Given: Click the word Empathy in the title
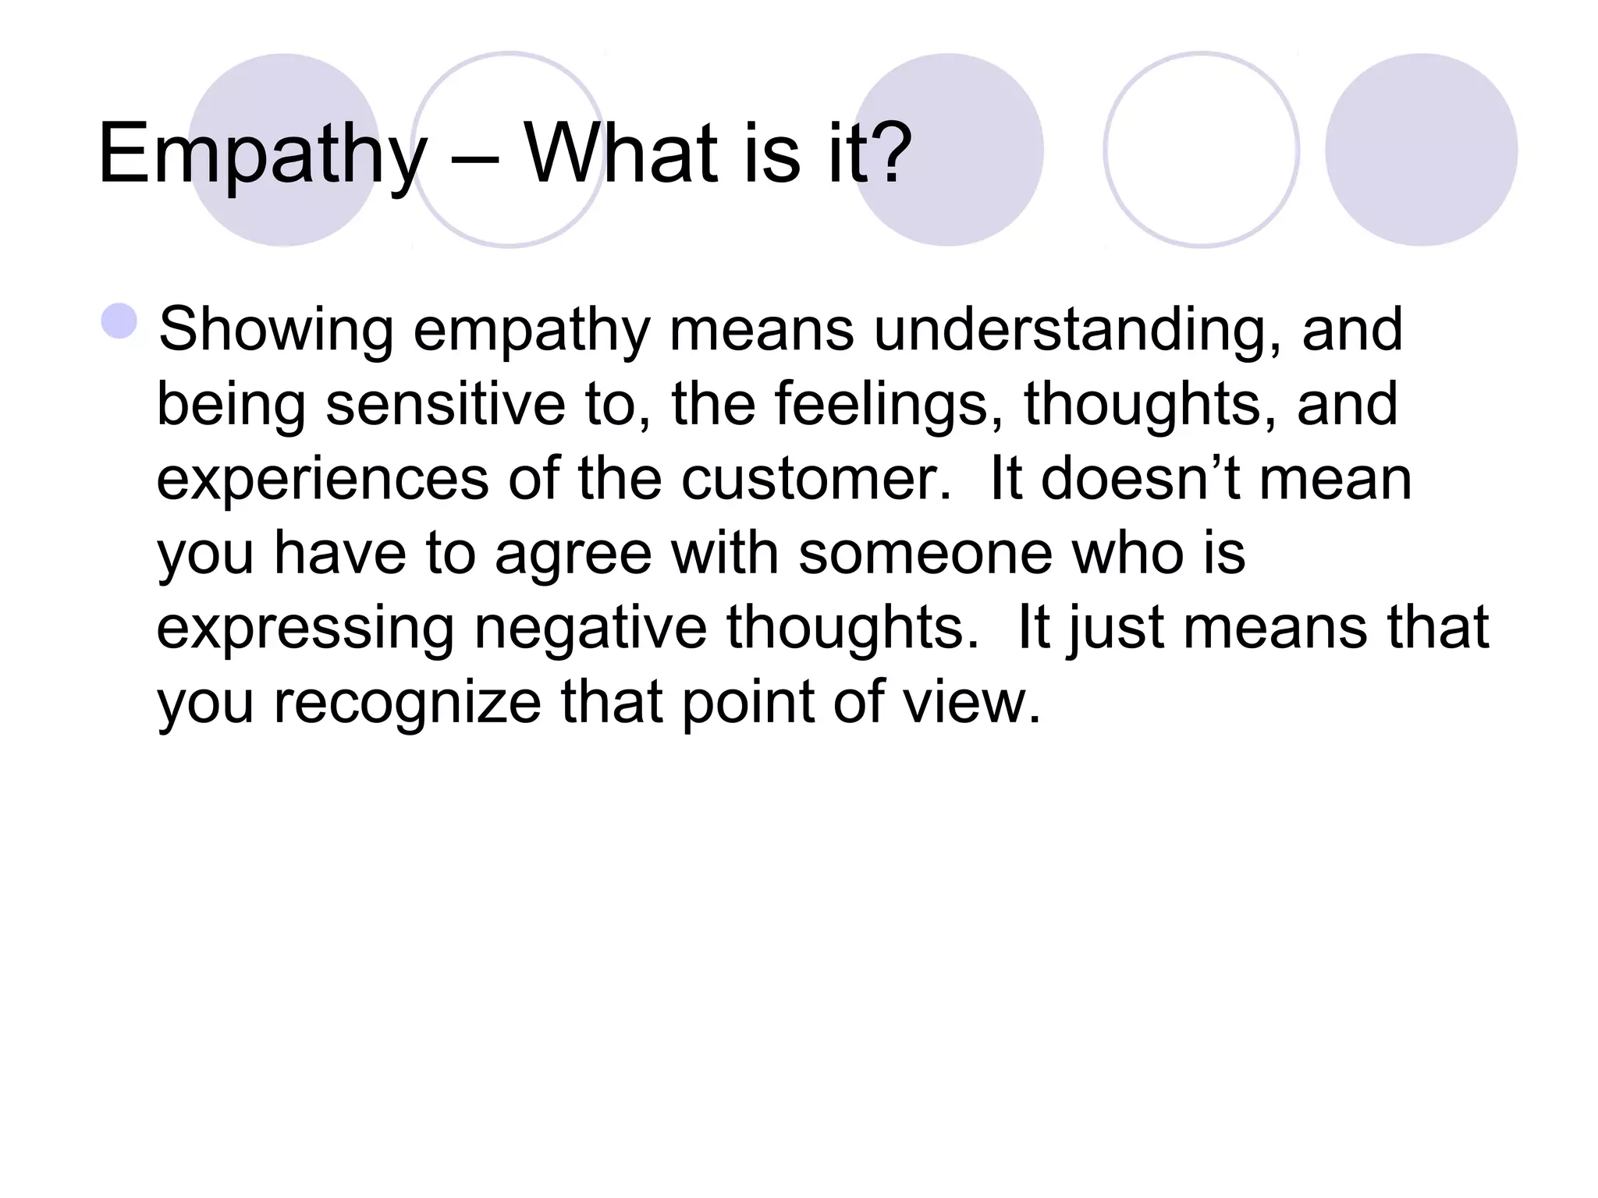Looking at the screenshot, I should click(x=262, y=154).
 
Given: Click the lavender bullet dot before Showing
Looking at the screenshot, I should click(x=119, y=321).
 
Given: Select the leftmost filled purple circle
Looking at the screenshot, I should click(x=284, y=149).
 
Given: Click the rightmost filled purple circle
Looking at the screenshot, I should click(x=1421, y=149).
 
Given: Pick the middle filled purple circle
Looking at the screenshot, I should click(x=948, y=149).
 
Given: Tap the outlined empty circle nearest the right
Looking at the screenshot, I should click(x=1202, y=149).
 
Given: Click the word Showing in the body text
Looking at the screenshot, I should click(x=275, y=331).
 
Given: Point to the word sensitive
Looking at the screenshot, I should click(x=445, y=405).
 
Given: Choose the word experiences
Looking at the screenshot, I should click(x=322, y=479).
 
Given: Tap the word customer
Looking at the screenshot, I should click(x=815, y=479).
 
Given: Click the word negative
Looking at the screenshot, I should click(x=590, y=628).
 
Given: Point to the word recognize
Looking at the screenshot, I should click(x=407, y=703).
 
